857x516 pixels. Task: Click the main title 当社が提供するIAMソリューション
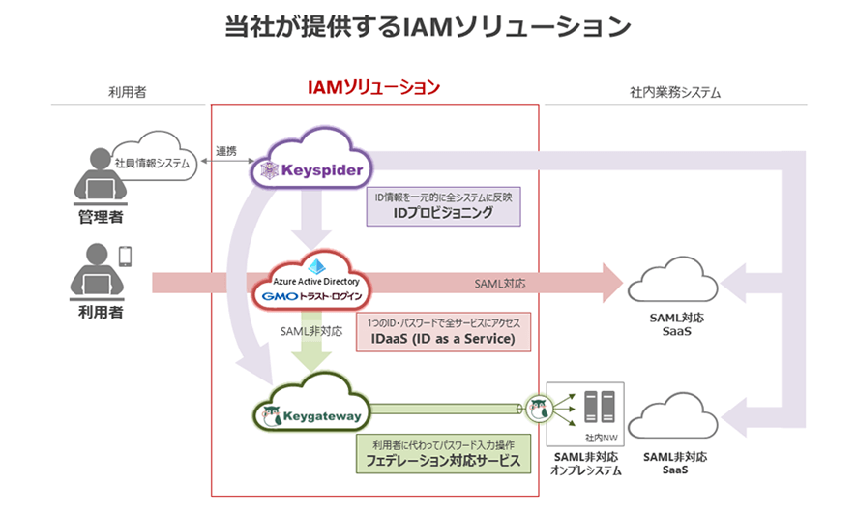pos(428,27)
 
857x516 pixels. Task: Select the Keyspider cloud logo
pos(309,170)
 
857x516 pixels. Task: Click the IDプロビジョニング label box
pos(444,205)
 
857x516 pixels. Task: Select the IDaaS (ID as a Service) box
pos(444,331)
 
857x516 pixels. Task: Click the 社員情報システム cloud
pos(154,164)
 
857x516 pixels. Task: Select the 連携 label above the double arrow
pos(225,151)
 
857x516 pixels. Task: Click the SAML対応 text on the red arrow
pos(500,285)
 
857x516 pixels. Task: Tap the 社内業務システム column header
pos(675,93)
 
